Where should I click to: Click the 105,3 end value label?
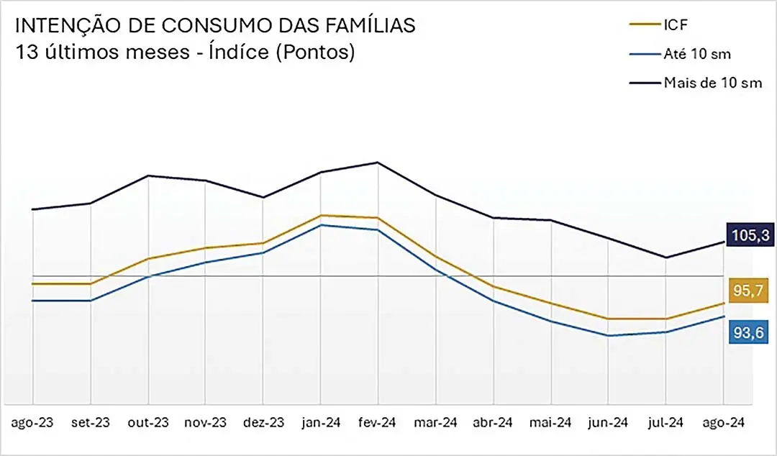pyautogui.click(x=750, y=234)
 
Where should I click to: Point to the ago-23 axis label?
pyautogui.click(x=33, y=423)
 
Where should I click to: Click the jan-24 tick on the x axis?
pyautogui.click(x=321, y=423)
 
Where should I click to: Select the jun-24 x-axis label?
pyautogui.click(x=609, y=423)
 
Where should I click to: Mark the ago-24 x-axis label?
pyautogui.click(x=724, y=423)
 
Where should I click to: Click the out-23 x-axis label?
pyautogui.click(x=148, y=423)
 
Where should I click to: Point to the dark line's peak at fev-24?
pyautogui.click(x=378, y=163)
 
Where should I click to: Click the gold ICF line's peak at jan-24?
pyautogui.click(x=321, y=215)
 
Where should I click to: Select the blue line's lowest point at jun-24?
pyautogui.click(x=609, y=336)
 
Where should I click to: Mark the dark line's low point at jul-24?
pyautogui.click(x=666, y=257)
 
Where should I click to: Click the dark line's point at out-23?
pyautogui.click(x=148, y=175)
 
